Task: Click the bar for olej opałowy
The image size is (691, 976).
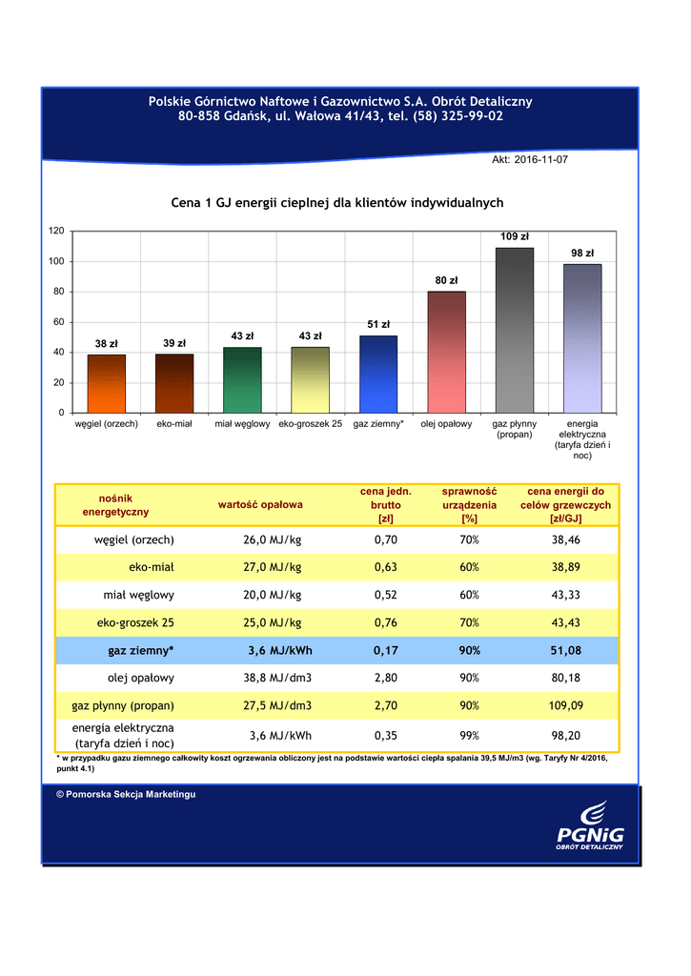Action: (446, 352)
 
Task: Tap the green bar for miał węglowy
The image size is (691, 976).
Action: (242, 380)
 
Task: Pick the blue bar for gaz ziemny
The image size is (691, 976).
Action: (378, 374)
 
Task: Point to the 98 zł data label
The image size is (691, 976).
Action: (582, 254)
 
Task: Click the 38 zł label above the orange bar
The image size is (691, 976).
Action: (106, 344)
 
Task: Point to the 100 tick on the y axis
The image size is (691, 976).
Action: (56, 261)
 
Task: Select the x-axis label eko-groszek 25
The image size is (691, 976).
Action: (311, 422)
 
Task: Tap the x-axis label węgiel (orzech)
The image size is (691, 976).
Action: (107, 422)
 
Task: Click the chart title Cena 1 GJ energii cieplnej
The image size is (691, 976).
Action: (336, 203)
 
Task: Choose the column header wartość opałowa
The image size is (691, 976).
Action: (260, 504)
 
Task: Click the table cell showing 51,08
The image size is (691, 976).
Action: (565, 651)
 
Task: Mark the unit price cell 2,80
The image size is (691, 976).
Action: (385, 679)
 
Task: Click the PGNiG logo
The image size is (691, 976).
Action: (591, 828)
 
